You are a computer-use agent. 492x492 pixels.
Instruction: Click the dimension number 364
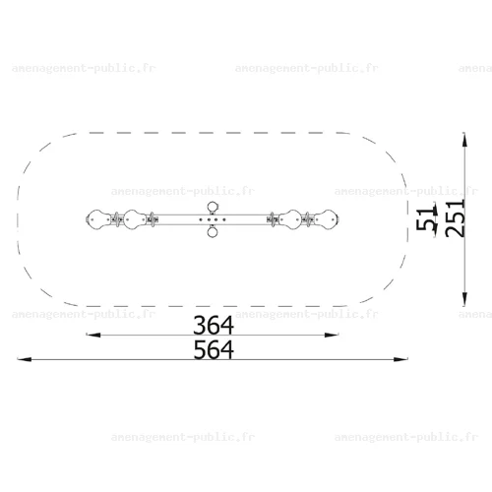pyautogui.click(x=214, y=325)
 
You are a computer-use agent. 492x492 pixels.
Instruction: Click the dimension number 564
pyautogui.click(x=214, y=349)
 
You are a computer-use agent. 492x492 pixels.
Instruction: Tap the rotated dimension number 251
pyautogui.click(x=456, y=218)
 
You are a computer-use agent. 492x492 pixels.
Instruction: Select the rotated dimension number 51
pyautogui.click(x=425, y=218)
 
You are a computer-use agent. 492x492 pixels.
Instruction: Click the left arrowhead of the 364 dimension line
pyautogui.click(x=93, y=335)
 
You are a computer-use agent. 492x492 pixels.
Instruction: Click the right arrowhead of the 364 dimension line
pyautogui.click(x=331, y=335)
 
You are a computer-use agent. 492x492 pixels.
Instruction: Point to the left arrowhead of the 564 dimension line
pyautogui.click(x=25, y=359)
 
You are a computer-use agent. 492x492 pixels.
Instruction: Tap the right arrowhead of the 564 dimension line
pyautogui.click(x=400, y=359)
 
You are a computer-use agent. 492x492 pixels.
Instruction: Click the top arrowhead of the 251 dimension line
pyautogui.click(x=464, y=140)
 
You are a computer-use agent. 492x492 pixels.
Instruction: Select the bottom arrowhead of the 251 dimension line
pyautogui.click(x=464, y=299)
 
